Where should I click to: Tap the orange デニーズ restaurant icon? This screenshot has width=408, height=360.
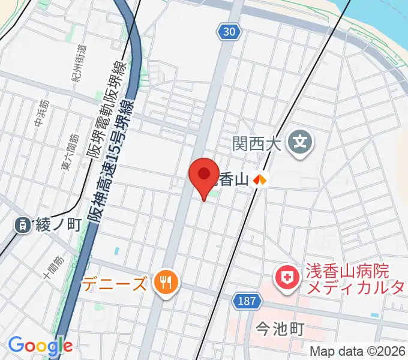click(x=164, y=282)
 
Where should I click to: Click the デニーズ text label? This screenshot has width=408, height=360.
click(x=115, y=283)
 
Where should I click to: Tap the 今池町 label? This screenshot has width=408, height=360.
click(x=280, y=328)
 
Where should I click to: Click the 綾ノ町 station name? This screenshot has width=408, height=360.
click(x=58, y=225)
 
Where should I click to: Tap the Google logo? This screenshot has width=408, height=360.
click(x=40, y=345)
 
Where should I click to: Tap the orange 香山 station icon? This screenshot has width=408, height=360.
click(x=260, y=179)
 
